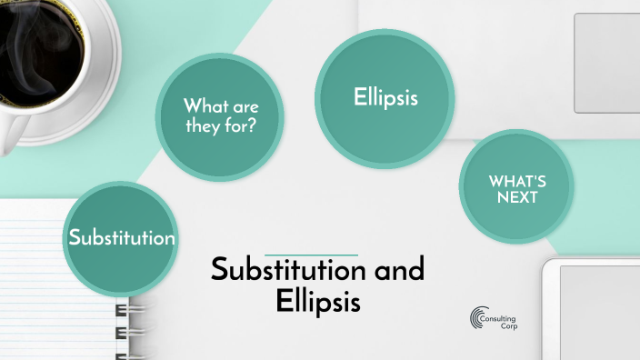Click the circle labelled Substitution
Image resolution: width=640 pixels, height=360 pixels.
pyautogui.click(x=122, y=238)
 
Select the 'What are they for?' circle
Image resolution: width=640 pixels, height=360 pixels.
pyautogui.click(x=221, y=115)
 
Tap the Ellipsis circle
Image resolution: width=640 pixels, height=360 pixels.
pyautogui.click(x=385, y=98)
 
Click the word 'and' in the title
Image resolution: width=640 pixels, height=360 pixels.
pyautogui.click(x=398, y=270)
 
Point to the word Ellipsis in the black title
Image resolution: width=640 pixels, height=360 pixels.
pyautogui.click(x=318, y=302)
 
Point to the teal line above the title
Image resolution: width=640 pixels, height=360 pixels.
pyautogui.click(x=310, y=254)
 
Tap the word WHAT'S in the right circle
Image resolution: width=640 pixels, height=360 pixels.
pyautogui.click(x=516, y=179)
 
